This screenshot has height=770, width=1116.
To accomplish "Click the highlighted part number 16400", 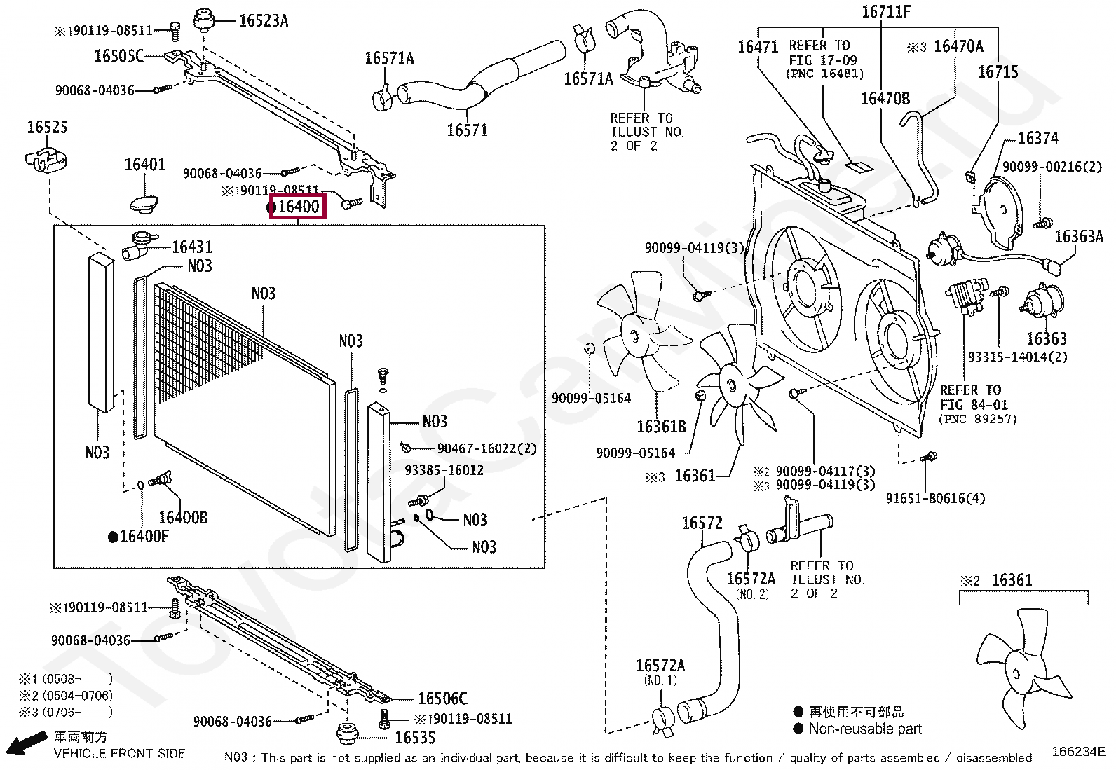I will click(298, 207).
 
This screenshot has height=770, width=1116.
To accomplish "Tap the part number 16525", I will click(47, 128).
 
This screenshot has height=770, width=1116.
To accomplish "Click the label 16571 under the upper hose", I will click(467, 130).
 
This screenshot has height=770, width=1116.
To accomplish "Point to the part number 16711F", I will click(886, 12).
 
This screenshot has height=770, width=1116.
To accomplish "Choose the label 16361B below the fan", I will click(660, 426).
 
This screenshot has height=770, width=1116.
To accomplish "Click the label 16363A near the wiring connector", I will click(1079, 237).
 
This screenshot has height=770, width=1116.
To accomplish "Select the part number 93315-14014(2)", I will click(1017, 357).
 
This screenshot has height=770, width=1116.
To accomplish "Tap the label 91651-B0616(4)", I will click(935, 498).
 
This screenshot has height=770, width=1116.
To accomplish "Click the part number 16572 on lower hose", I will click(702, 523).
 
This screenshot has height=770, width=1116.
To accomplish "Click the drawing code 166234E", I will click(1078, 752).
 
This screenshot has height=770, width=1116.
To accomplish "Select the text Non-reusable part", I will click(865, 729).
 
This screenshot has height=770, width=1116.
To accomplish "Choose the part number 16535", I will click(414, 738).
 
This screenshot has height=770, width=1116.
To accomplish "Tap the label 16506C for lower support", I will click(442, 699).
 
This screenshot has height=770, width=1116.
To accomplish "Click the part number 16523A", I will click(264, 20).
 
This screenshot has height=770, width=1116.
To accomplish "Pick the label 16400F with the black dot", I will click(144, 537).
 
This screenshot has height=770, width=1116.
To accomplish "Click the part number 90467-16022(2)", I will click(486, 448).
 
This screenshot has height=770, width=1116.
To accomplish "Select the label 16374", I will click(1037, 139).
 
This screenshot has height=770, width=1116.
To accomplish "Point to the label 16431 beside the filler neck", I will click(191, 247).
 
